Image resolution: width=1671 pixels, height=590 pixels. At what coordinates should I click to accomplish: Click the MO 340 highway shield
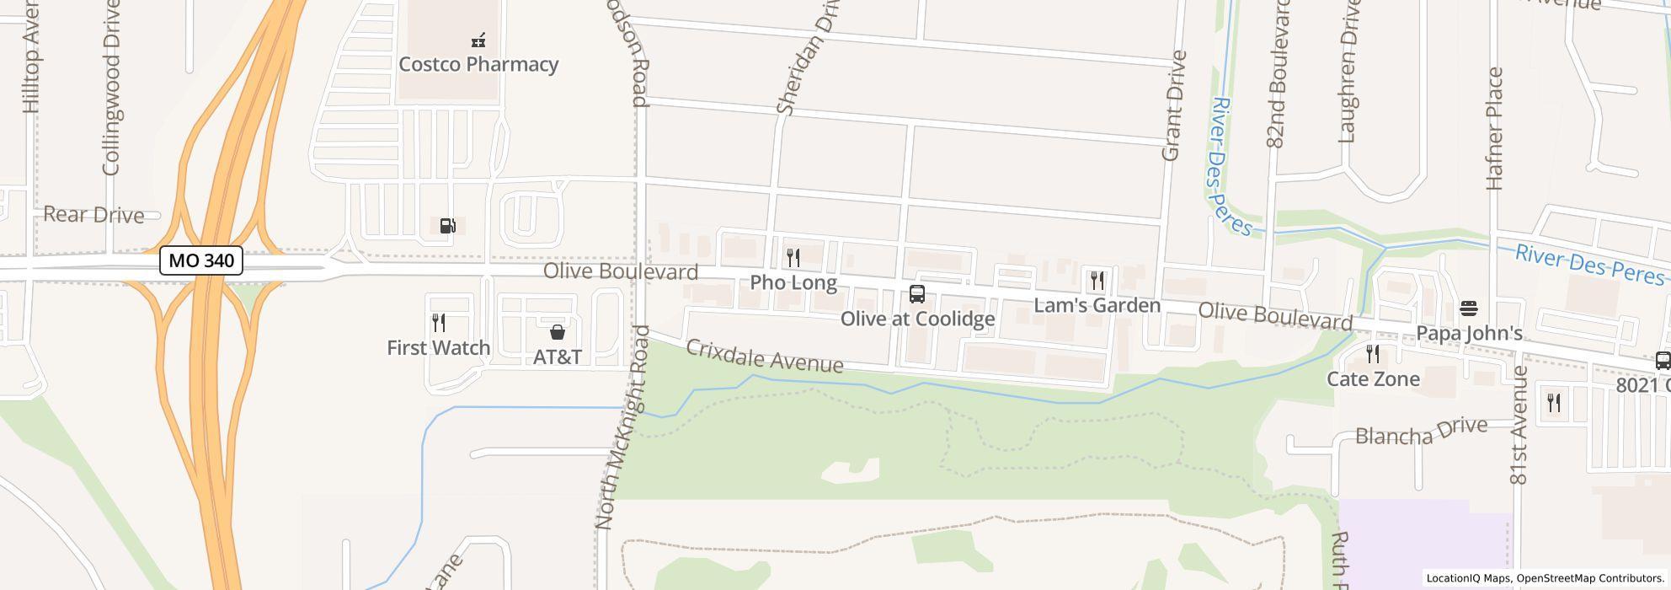coord(201,260)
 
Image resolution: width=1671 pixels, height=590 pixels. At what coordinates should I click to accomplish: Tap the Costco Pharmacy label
coord(478,65)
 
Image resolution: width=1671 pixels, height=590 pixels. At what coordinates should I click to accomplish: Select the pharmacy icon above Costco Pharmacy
coord(478,40)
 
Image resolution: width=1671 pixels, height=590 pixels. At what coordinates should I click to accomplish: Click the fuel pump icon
coord(448,226)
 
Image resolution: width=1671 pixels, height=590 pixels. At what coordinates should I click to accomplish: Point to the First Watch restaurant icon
coord(439,323)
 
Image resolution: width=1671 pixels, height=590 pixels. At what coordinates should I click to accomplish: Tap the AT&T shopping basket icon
coord(557,332)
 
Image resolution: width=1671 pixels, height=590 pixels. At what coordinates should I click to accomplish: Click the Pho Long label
coord(793,282)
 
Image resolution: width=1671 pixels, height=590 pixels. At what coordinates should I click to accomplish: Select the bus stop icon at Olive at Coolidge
coord(917,294)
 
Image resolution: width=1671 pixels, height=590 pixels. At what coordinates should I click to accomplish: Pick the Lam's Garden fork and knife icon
coord(1097,281)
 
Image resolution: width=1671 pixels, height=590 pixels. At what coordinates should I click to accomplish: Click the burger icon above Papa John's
coord(1469,308)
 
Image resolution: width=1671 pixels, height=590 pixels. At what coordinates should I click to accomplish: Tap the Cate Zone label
coord(1373,379)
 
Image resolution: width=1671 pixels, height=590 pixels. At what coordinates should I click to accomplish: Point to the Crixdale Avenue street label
coord(765,356)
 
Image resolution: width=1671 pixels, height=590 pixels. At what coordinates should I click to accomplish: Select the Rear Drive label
coord(93,215)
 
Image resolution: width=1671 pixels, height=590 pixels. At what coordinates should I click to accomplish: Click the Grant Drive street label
coord(1173,105)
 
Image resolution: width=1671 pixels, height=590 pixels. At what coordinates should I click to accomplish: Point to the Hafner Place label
coord(1495,128)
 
